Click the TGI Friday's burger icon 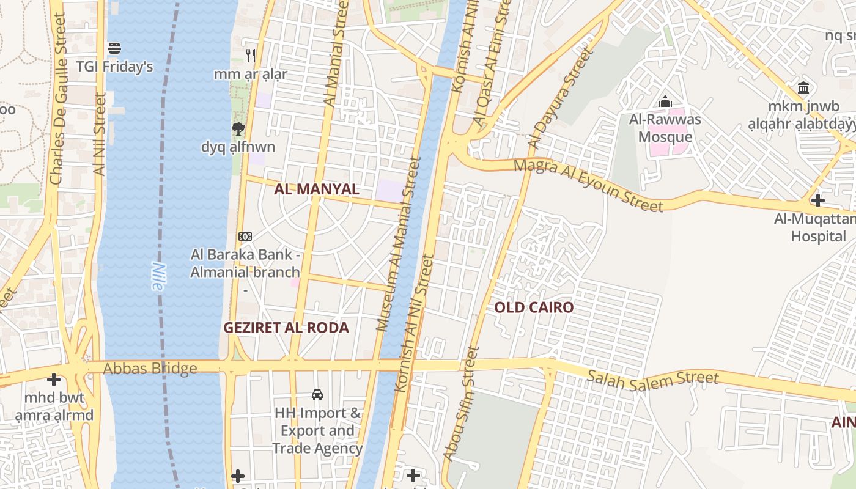click(x=114, y=47)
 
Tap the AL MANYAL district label click(x=316, y=189)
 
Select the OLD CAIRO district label click(x=534, y=307)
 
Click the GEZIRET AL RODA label click(x=286, y=328)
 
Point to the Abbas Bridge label click(x=150, y=368)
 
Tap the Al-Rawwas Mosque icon click(x=665, y=101)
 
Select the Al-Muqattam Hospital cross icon click(x=818, y=200)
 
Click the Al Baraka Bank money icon click(x=245, y=236)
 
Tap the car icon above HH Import click(x=317, y=395)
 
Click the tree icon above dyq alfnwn click(x=238, y=128)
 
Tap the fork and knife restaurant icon click(x=250, y=56)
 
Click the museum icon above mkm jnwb click(x=803, y=87)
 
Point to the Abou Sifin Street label click(x=460, y=404)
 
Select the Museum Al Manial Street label click(x=399, y=244)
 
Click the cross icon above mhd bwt click(x=54, y=380)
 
